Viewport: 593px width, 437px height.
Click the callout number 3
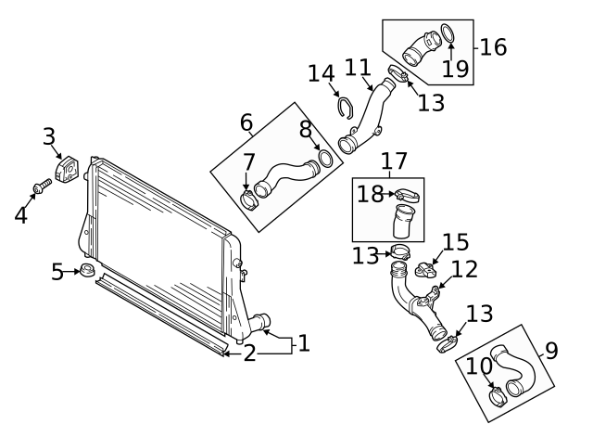(50, 138)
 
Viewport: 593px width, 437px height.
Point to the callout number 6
(246, 122)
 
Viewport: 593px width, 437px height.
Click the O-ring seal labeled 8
(325, 161)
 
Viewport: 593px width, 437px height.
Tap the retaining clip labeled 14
(344, 108)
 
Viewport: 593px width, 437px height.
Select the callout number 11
(358, 69)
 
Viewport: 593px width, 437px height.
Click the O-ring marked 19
(448, 34)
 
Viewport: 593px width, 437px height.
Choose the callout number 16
(493, 46)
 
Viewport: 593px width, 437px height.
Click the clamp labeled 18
(405, 196)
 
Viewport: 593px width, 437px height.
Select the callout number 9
(550, 351)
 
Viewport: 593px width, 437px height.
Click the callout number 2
(250, 353)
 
